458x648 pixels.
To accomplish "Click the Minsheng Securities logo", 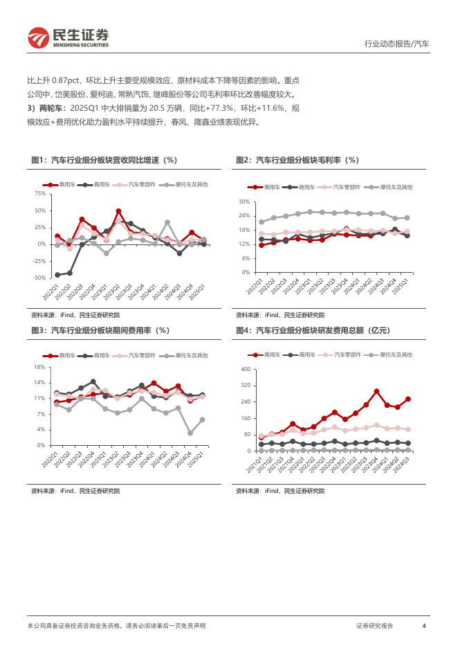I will tap(67, 37).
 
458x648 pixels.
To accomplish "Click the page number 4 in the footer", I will tap(423, 625).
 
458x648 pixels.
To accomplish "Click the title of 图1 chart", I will tap(104, 161).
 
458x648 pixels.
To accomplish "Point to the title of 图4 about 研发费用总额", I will tap(313, 331).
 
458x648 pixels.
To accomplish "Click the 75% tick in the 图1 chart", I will tap(39, 193).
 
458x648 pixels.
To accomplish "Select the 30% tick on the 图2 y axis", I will tap(244, 201).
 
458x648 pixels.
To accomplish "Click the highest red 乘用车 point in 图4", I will tap(376, 391).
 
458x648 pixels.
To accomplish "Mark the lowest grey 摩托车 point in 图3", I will tap(190, 433).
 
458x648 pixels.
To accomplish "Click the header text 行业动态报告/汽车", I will tap(396, 44).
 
